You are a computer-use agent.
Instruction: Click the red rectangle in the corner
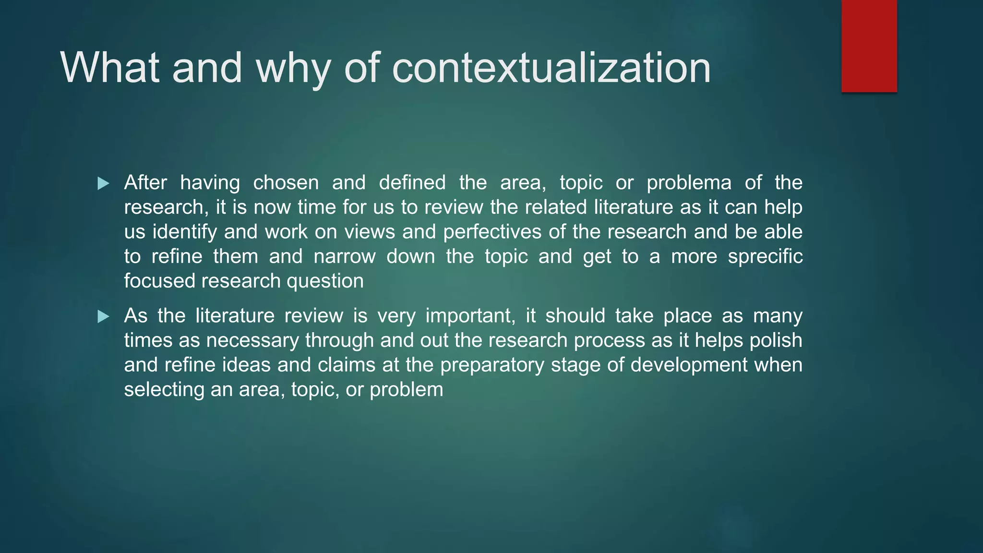(869, 46)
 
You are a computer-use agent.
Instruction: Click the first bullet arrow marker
(103, 183)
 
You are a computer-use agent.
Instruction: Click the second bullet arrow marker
(103, 316)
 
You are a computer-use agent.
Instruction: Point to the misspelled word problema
(689, 183)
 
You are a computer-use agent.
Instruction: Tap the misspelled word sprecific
(765, 256)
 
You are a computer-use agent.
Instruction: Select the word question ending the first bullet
(325, 281)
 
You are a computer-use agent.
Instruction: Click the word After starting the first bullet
(145, 183)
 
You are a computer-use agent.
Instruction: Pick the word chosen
(286, 183)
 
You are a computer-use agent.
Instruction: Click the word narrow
(344, 256)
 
